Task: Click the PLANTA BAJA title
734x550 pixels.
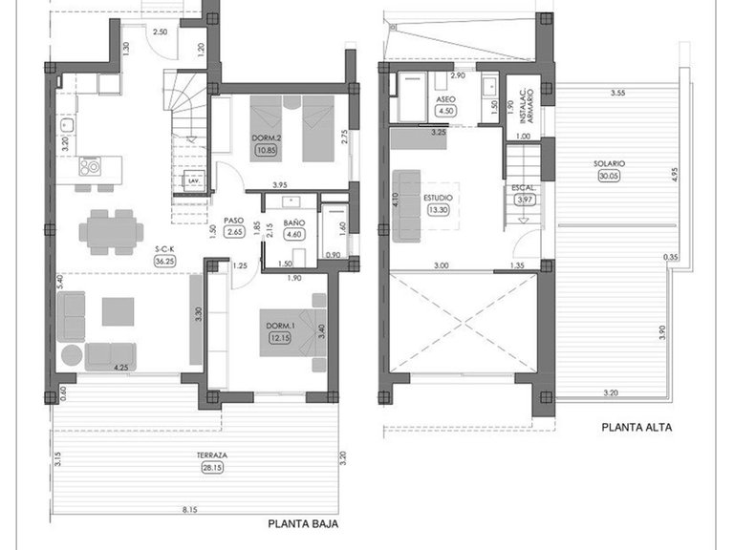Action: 304,524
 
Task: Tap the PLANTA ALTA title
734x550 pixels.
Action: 637,428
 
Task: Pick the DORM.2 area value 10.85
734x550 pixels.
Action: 266,151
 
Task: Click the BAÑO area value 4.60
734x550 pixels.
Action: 294,233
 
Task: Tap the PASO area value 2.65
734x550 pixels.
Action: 234,233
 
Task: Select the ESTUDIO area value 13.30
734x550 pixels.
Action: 439,211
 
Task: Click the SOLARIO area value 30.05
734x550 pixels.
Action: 608,175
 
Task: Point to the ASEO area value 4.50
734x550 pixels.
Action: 444,111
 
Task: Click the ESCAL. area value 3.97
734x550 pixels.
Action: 523,200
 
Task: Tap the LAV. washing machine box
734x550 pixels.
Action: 193,180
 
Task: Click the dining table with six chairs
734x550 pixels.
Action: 107,228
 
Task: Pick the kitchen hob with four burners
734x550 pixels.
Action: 91,166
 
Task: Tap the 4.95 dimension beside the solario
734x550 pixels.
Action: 676,175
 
